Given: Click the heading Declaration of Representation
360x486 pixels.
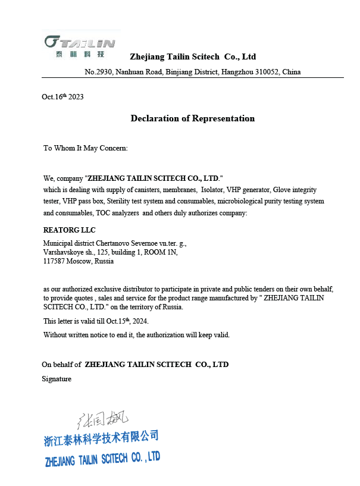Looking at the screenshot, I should pos(192,118).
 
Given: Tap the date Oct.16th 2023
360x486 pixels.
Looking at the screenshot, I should pos(62,97).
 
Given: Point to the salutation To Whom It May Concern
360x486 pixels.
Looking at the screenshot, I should pos(85,148).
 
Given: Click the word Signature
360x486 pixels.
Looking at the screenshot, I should pos(57,379).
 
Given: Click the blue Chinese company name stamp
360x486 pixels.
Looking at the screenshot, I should pos(102,438).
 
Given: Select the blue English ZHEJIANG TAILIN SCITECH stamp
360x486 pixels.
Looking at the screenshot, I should pos(102,459).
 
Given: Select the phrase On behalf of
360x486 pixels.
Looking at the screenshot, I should pos(61,364).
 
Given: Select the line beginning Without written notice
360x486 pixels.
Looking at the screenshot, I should pos(136,335).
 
